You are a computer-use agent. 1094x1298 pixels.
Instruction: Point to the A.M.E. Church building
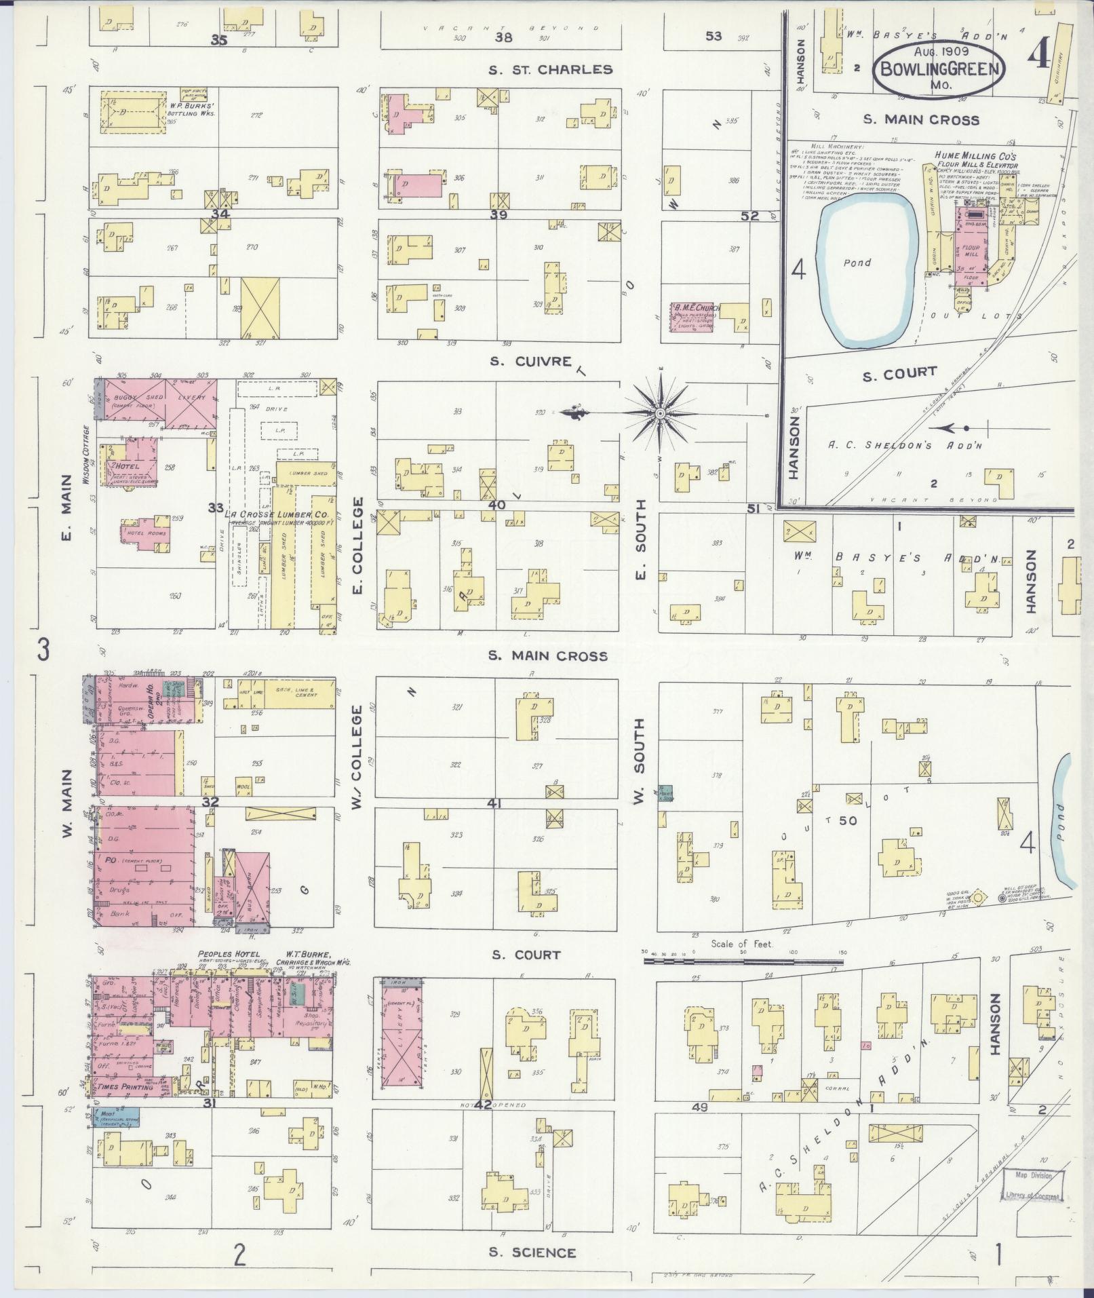(x=695, y=316)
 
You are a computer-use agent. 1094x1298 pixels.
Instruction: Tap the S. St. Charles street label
(x=551, y=69)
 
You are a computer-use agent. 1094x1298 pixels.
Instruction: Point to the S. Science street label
(x=534, y=1253)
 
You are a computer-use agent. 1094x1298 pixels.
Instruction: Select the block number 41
(x=494, y=803)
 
